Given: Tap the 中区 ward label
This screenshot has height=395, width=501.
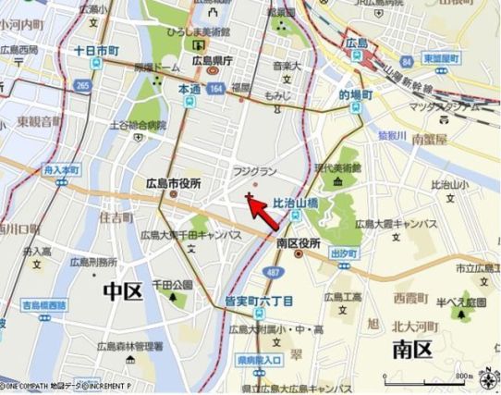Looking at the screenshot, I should tap(123, 292).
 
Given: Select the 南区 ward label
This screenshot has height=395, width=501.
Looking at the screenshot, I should tap(411, 349).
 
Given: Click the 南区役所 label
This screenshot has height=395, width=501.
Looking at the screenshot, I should tap(298, 241).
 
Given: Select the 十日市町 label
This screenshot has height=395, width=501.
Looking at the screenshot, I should tap(96, 50).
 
